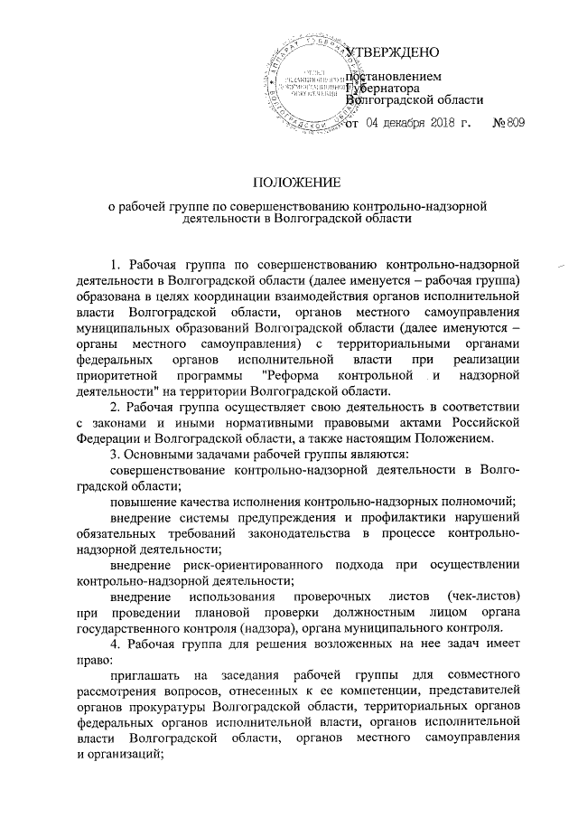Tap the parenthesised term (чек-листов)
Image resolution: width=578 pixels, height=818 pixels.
(482, 597)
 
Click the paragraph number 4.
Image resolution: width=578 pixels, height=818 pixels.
(114, 644)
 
